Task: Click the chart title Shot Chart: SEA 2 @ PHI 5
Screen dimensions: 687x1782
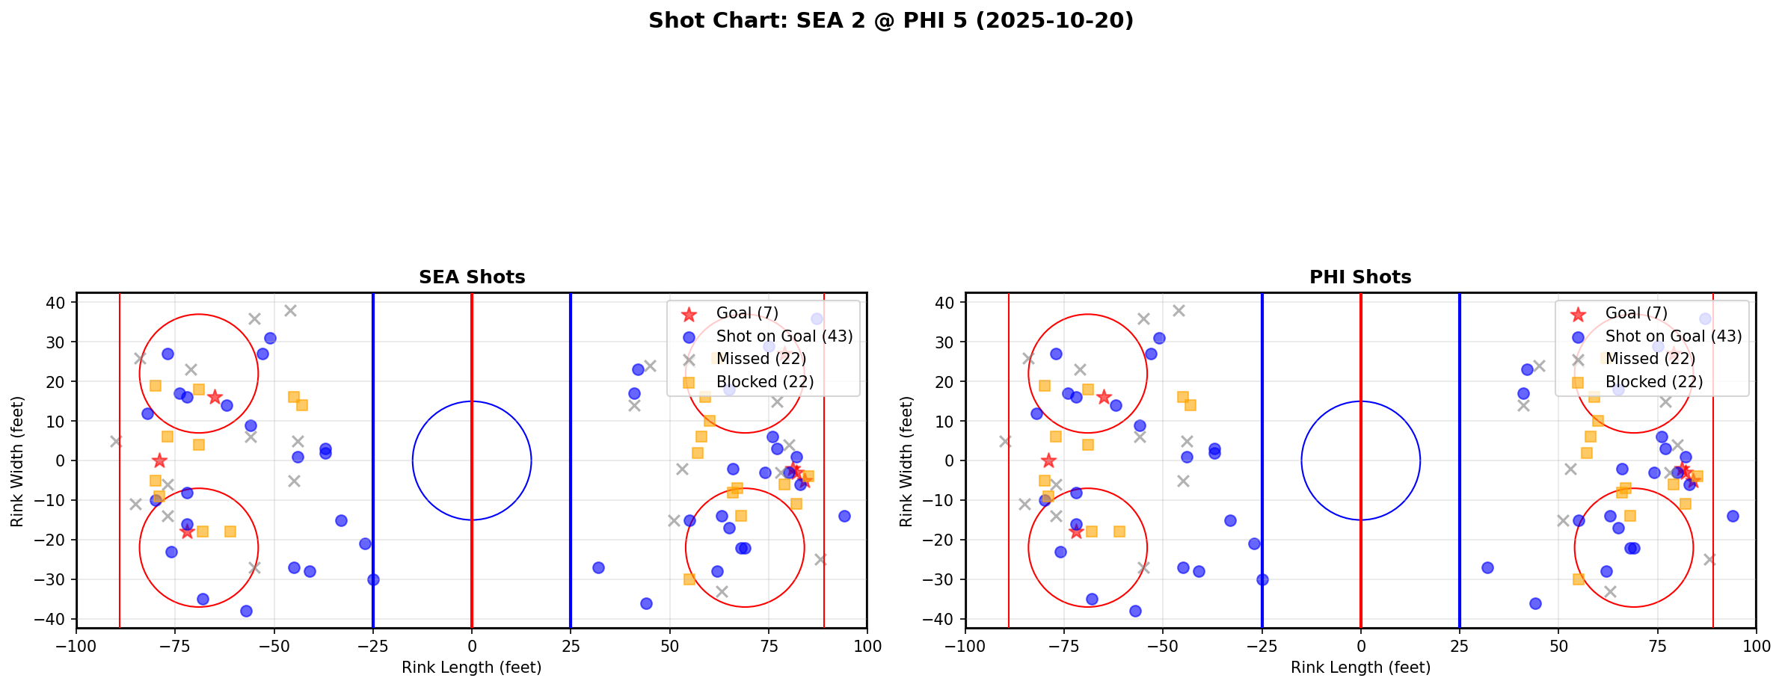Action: [x=891, y=21]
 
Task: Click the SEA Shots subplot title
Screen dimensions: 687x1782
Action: [x=472, y=277]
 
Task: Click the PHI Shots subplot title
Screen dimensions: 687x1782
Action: [x=1360, y=277]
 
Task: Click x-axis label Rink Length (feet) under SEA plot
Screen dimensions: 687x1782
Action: [x=472, y=668]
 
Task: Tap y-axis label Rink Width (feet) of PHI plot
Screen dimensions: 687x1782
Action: [x=906, y=461]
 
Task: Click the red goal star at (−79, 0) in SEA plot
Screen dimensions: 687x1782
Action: [x=159, y=460]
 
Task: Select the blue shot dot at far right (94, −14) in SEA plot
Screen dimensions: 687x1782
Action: [x=844, y=516]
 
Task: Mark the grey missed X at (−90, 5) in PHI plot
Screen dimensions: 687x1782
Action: [x=1005, y=441]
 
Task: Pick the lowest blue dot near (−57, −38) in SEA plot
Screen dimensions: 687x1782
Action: [x=246, y=611]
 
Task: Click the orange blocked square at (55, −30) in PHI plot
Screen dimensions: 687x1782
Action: [x=1578, y=579]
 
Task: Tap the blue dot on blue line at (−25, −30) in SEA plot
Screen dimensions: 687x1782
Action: [x=373, y=579]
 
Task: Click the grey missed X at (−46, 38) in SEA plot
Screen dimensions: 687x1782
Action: [x=290, y=310]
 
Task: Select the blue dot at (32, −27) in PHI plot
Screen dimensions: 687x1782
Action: [x=1487, y=567]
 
